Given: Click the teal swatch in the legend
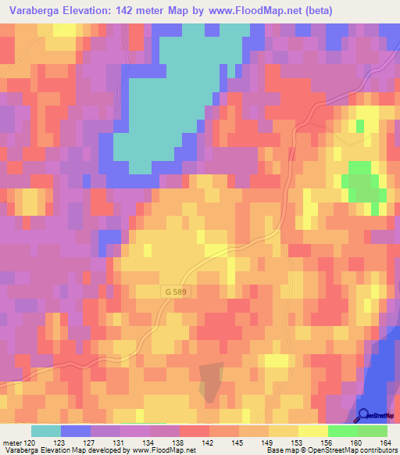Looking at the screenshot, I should click(x=45, y=431).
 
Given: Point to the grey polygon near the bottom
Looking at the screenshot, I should click(x=210, y=382).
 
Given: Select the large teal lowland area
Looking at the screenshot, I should click(x=180, y=94).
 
